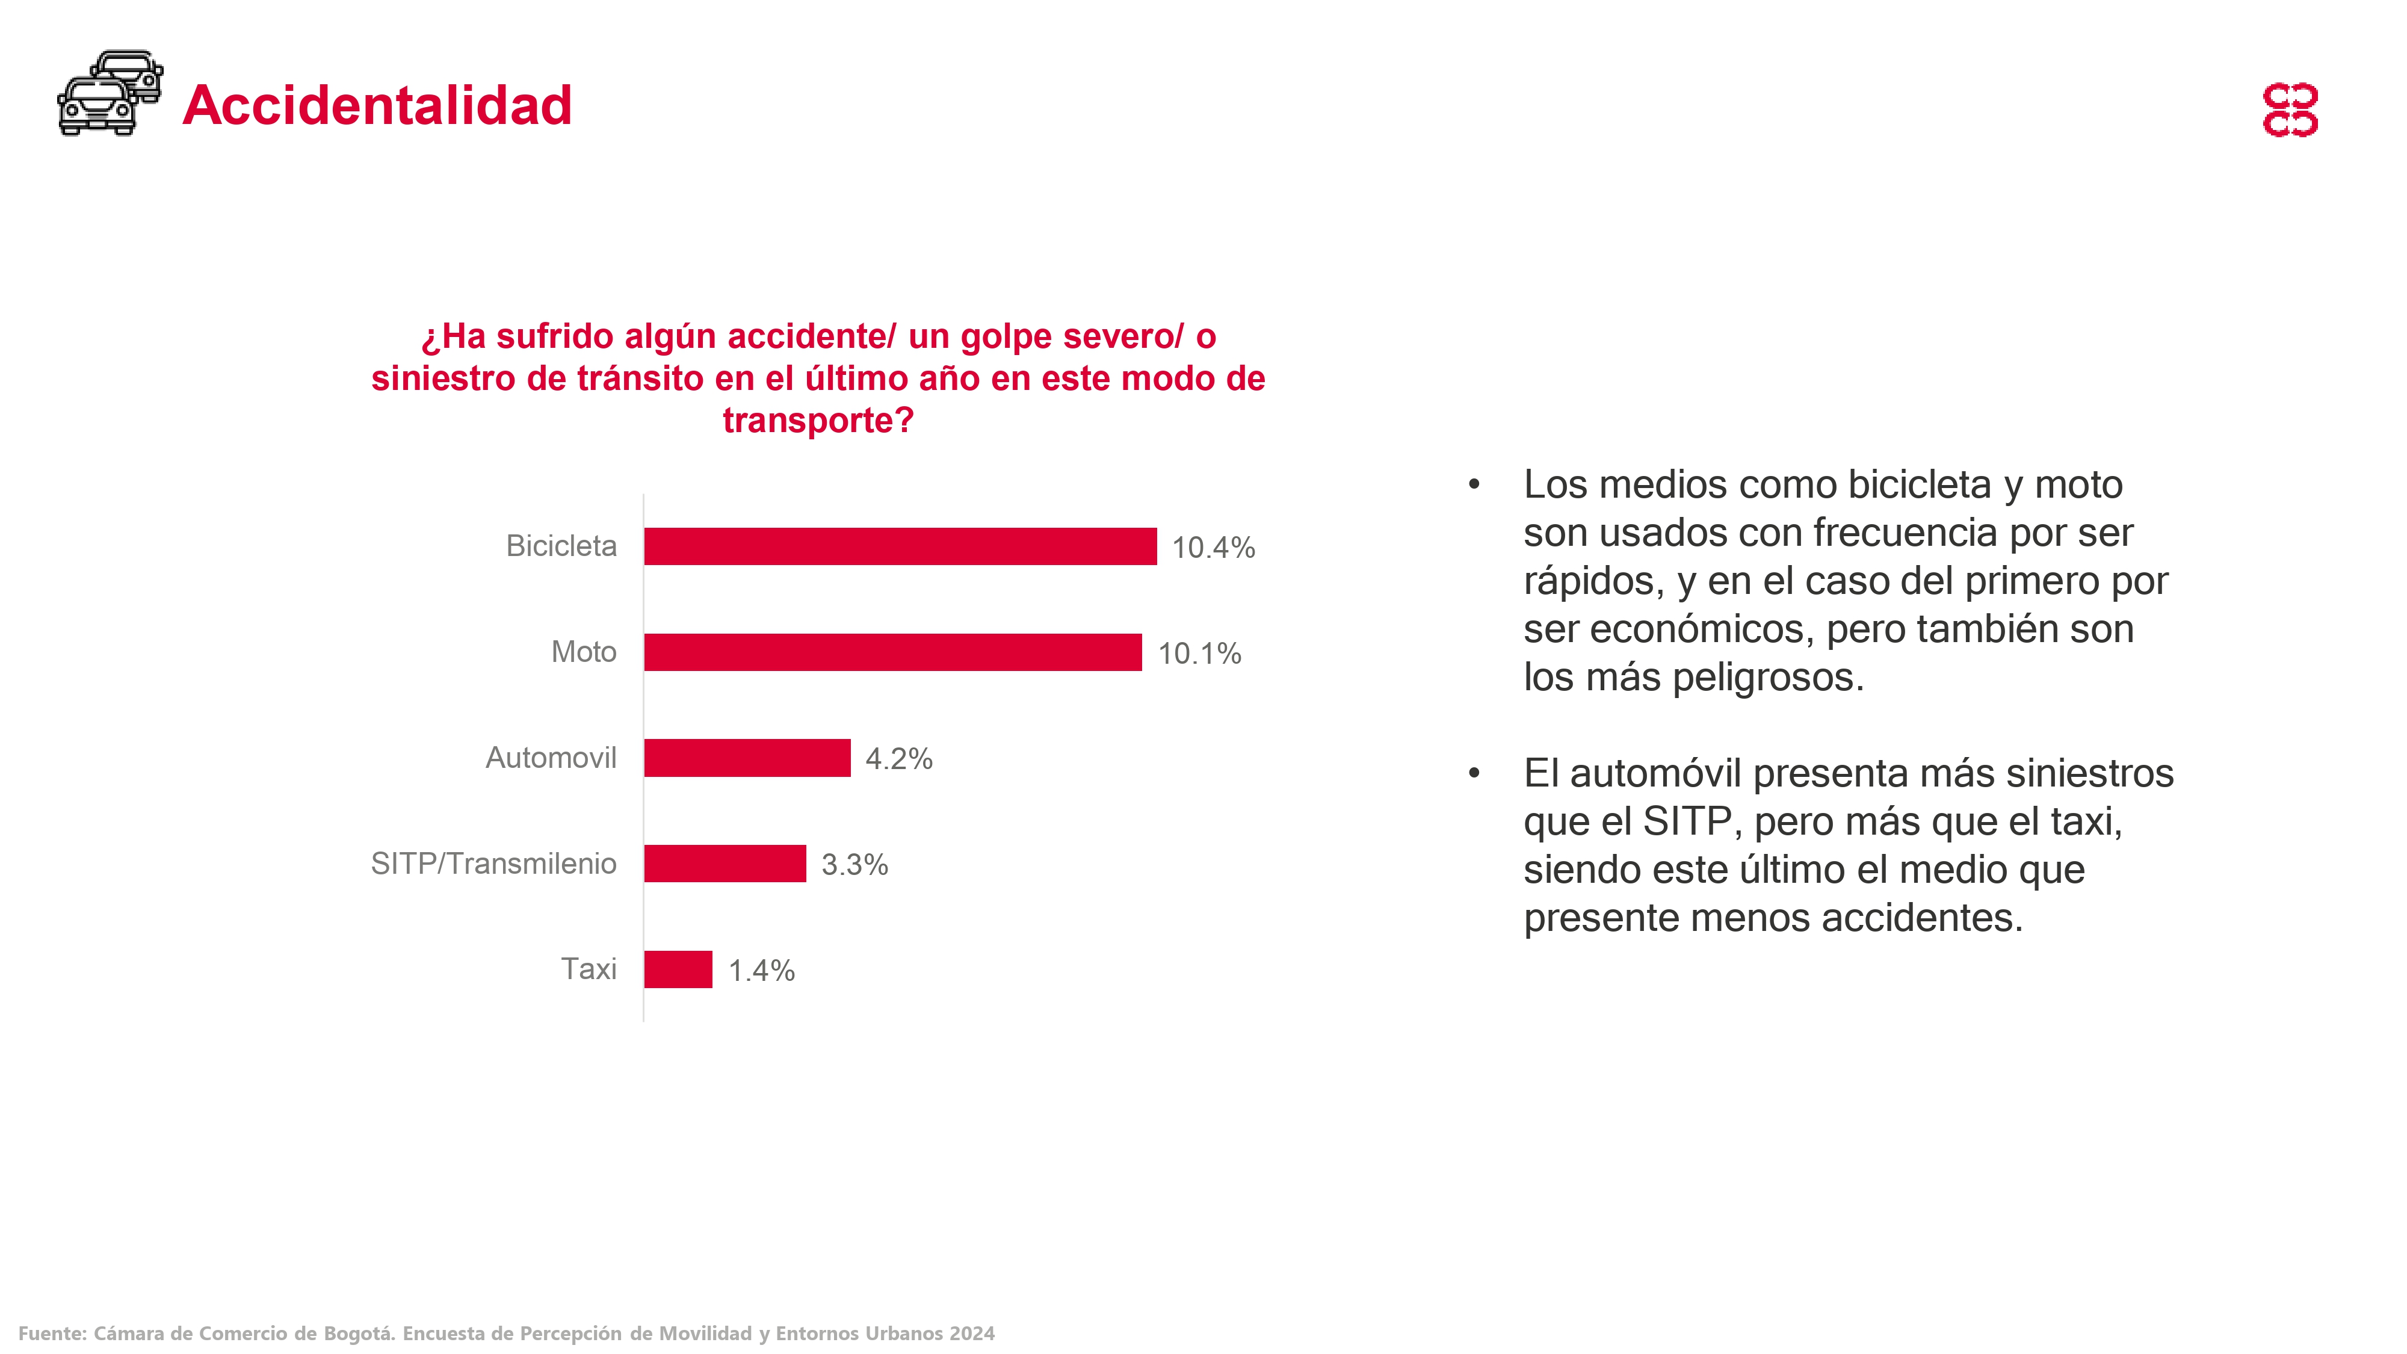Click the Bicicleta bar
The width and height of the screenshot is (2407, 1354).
coord(900,546)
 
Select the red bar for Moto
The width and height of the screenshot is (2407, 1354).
coord(892,652)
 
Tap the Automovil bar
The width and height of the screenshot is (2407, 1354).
coord(747,758)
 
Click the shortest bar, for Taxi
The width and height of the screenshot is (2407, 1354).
coord(678,969)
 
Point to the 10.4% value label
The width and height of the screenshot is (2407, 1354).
coord(1213,548)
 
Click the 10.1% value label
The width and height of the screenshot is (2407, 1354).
coord(1199,653)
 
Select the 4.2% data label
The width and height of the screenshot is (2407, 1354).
coord(898,759)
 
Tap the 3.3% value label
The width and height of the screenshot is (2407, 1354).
coord(854,864)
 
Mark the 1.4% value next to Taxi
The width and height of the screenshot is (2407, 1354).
coord(761,971)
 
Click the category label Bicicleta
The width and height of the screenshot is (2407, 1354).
coord(561,546)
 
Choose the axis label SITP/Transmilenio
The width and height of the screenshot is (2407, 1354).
coord(493,864)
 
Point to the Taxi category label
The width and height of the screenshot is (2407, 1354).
coord(588,969)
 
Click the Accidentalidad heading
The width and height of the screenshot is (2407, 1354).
coord(377,105)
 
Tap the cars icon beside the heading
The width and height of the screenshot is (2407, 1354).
coord(110,93)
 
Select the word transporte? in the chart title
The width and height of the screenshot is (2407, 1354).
coord(818,421)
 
